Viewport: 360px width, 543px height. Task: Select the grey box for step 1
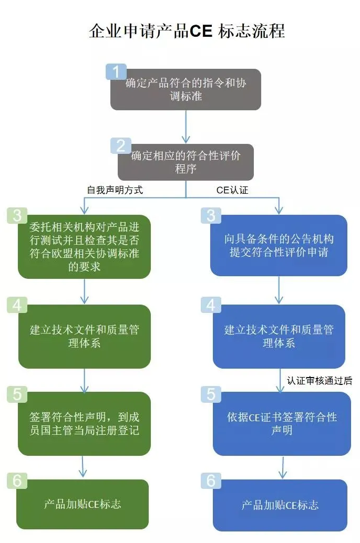tap(186, 90)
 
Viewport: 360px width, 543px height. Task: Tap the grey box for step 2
tap(186, 162)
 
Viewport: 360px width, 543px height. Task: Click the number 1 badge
tap(116, 71)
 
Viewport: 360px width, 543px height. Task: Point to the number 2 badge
tap(121, 145)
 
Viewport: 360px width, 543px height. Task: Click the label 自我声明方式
tap(115, 190)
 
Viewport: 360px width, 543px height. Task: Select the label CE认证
tap(232, 190)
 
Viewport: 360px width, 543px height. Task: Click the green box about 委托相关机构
tap(84, 247)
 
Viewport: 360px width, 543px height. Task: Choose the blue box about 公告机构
tap(279, 246)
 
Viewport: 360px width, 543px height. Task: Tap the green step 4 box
tap(84, 337)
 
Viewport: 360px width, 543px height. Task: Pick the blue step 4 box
tap(279, 337)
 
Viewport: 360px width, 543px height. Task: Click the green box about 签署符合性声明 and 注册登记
tap(84, 424)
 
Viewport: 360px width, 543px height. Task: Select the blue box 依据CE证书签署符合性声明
tap(282, 424)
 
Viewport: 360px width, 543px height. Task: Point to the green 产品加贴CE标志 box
tap(83, 504)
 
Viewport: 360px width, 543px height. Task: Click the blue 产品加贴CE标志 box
tap(280, 505)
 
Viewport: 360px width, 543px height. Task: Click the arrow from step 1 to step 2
tap(186, 126)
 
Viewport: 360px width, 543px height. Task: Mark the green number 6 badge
tap(17, 480)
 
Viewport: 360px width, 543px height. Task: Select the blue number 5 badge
tap(211, 394)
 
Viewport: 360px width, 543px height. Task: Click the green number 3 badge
tap(17, 216)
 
